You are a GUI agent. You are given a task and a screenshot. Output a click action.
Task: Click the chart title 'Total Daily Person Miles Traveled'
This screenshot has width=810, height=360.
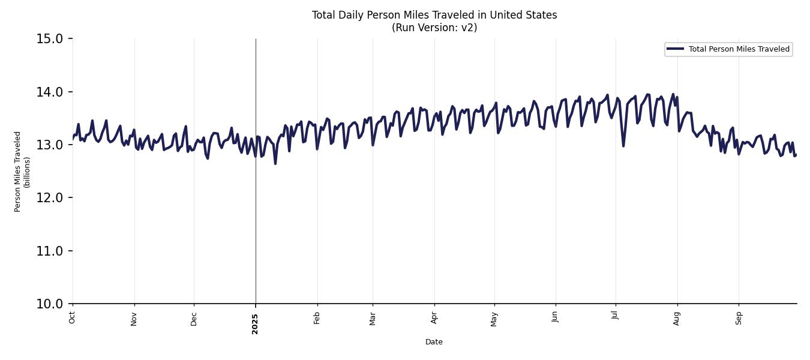(x=434, y=15)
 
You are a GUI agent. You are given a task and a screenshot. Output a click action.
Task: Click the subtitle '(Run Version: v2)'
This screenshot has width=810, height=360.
(x=434, y=28)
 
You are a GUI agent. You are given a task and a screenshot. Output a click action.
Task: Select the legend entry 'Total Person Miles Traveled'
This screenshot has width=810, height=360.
(x=739, y=49)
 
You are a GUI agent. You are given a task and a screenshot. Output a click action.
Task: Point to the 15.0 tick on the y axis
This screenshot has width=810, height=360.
(x=50, y=39)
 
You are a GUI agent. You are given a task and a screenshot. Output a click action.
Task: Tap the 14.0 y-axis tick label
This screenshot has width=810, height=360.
(x=50, y=92)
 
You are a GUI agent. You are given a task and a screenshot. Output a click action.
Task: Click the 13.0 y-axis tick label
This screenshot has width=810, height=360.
(x=50, y=145)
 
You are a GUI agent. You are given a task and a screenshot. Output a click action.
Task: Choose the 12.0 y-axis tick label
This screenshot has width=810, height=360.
(x=50, y=198)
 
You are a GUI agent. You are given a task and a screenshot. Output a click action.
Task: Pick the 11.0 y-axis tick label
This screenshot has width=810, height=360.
(x=50, y=251)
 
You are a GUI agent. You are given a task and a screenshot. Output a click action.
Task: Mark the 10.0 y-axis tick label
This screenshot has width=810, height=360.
(x=50, y=304)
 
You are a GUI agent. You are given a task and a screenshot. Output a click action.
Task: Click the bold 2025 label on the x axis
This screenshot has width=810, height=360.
(x=255, y=323)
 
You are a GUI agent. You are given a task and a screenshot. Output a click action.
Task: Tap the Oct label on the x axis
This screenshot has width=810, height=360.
(x=72, y=317)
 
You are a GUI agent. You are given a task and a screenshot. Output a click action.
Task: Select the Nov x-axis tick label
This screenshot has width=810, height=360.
(x=134, y=318)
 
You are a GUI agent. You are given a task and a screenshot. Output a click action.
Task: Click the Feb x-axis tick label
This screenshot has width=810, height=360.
(x=317, y=318)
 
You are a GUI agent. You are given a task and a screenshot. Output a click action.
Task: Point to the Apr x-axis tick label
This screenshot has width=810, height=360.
(x=434, y=317)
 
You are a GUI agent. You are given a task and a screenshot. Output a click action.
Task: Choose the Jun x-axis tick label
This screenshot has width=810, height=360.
(x=555, y=317)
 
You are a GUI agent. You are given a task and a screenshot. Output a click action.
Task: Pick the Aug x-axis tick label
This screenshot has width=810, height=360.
(x=677, y=318)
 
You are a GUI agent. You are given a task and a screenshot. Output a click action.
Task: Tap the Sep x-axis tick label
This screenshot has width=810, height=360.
(x=739, y=317)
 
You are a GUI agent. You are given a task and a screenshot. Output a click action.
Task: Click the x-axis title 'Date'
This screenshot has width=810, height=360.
(x=434, y=342)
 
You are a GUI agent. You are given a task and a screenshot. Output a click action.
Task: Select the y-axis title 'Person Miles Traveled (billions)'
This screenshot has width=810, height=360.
(x=22, y=171)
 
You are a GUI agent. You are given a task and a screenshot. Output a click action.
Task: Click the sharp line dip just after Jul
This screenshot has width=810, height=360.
(x=623, y=145)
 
